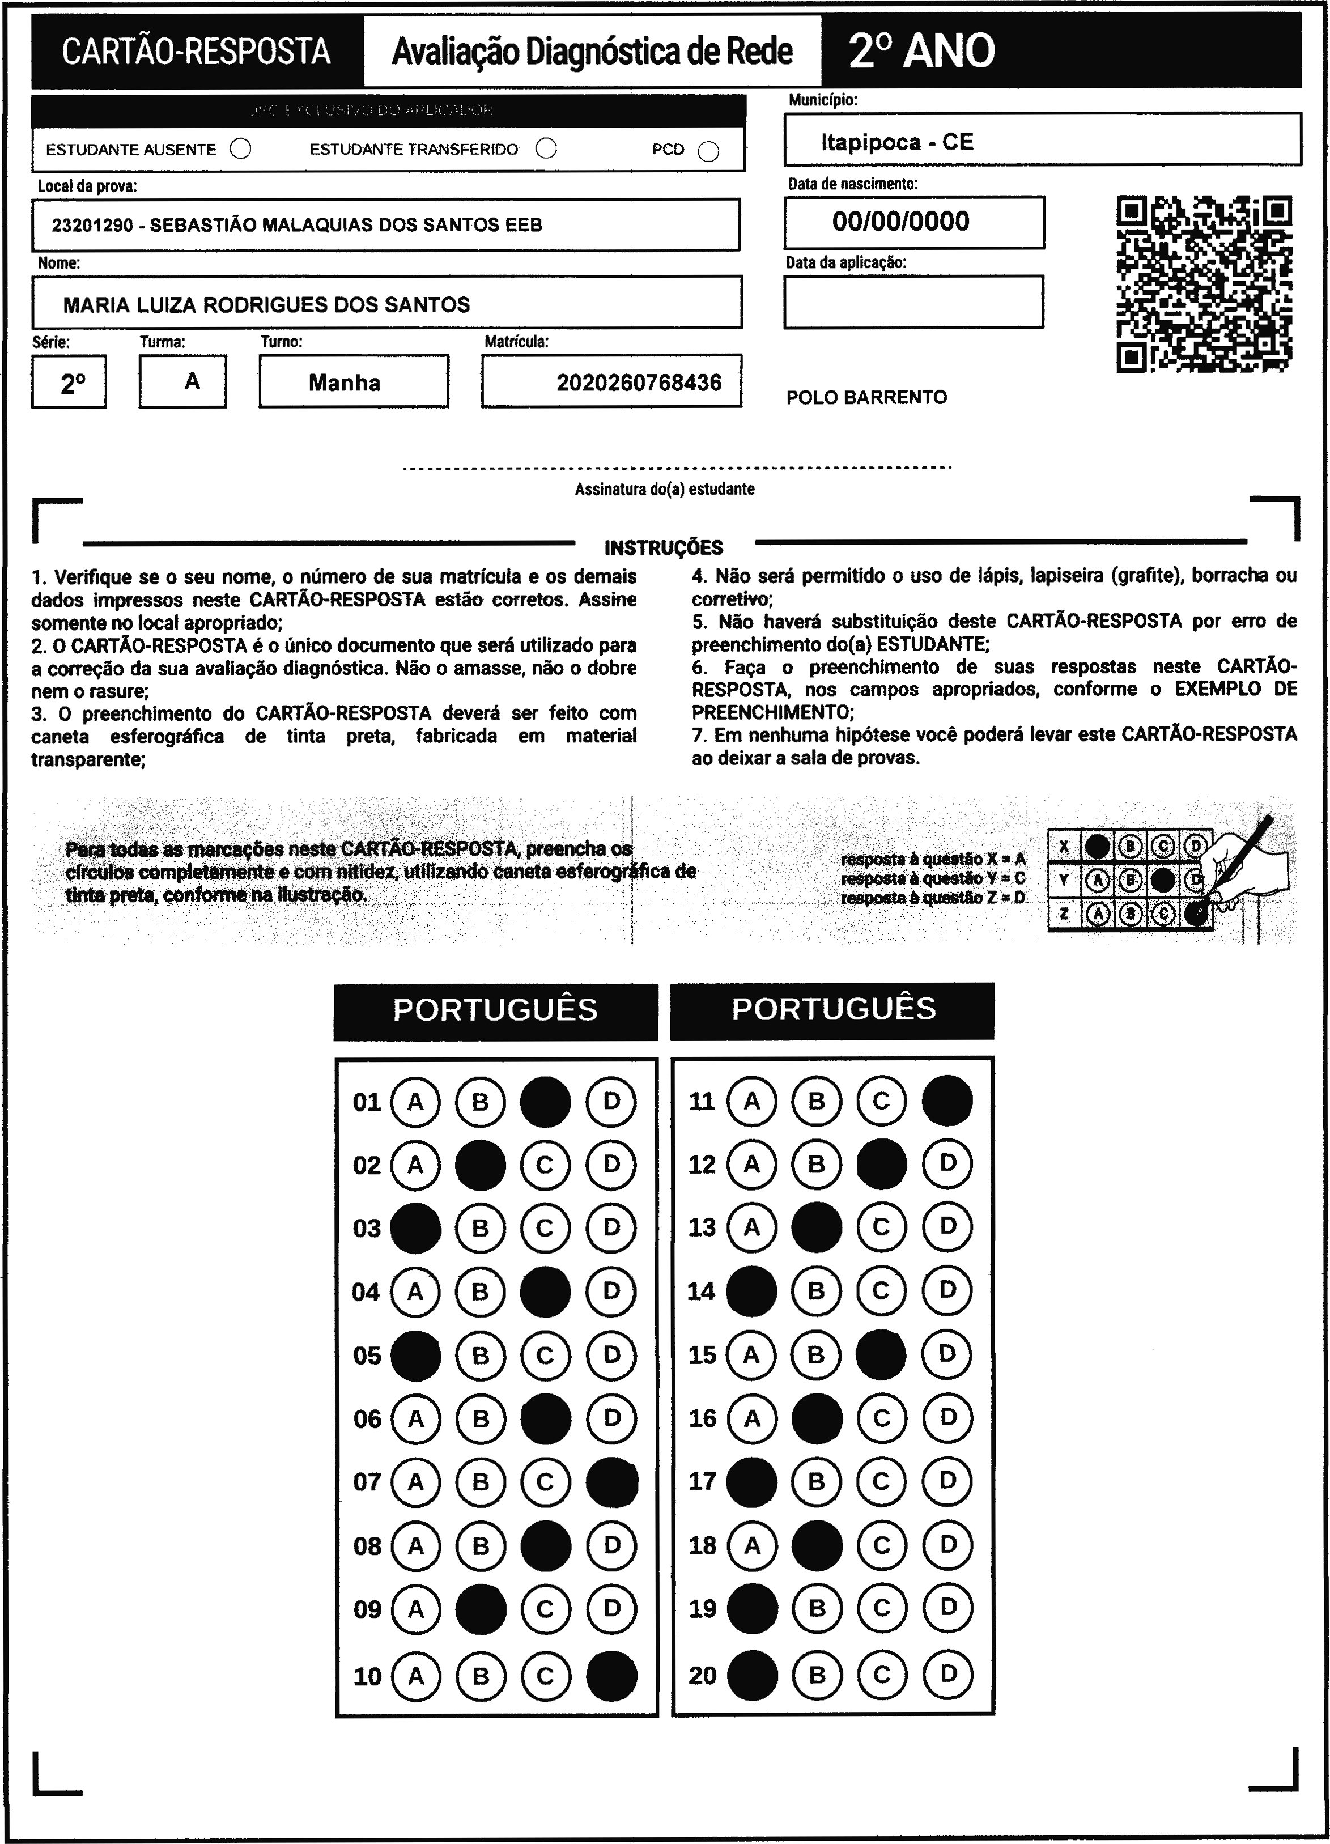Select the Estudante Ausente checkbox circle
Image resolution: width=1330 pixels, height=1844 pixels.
pyautogui.click(x=241, y=149)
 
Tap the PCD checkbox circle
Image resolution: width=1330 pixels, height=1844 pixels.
pyautogui.click(x=709, y=152)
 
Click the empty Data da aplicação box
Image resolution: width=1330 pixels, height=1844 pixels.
pyautogui.click(x=913, y=301)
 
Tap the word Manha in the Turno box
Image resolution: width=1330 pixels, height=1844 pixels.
pyautogui.click(x=345, y=382)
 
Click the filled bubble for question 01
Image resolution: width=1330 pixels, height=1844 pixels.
pyautogui.click(x=545, y=1102)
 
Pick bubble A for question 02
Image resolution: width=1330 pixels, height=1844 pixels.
pyautogui.click(x=415, y=1165)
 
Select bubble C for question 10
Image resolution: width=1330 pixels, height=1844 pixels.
pyautogui.click(x=545, y=1676)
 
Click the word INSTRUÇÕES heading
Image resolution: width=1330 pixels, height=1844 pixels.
pyautogui.click(x=664, y=547)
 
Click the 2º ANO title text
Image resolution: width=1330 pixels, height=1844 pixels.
pyautogui.click(x=922, y=50)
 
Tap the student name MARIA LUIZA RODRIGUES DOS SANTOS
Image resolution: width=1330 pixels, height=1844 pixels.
pyautogui.click(x=267, y=305)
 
